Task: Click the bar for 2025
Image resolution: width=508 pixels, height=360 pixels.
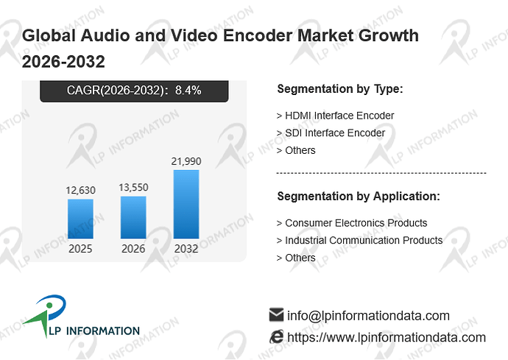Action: click(x=80, y=219)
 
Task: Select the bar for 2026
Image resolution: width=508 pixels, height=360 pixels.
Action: click(x=133, y=217)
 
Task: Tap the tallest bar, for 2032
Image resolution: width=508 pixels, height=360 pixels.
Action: click(x=186, y=204)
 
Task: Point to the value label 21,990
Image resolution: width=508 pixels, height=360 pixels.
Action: click(x=186, y=161)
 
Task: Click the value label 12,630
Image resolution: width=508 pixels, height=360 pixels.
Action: click(x=80, y=190)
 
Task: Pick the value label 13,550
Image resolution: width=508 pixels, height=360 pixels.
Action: click(x=133, y=187)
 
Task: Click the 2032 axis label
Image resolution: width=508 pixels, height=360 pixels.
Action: click(x=186, y=249)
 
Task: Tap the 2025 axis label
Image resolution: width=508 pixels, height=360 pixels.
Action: click(x=80, y=249)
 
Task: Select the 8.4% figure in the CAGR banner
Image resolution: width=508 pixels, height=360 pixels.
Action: click(x=188, y=90)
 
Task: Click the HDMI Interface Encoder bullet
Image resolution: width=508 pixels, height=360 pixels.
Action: click(x=335, y=116)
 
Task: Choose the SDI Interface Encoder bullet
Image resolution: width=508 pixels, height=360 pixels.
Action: click(x=331, y=133)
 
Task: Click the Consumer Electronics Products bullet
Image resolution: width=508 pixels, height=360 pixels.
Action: click(x=352, y=223)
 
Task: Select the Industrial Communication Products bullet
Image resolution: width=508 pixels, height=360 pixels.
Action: click(x=359, y=240)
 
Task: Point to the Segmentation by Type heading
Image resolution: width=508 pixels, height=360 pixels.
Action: click(x=340, y=89)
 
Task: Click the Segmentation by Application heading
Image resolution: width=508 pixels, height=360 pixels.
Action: click(x=359, y=197)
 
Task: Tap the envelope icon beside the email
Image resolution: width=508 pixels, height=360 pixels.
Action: click(x=276, y=314)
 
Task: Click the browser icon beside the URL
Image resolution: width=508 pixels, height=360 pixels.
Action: click(x=276, y=337)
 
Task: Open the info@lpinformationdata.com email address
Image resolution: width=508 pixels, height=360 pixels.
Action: click(x=368, y=316)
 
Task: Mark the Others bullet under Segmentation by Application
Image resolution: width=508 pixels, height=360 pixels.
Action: click(x=296, y=258)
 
